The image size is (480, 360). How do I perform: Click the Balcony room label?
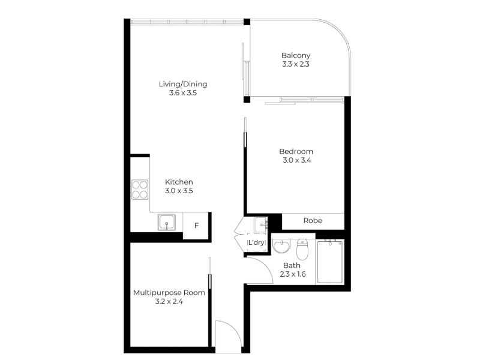tap(296, 55)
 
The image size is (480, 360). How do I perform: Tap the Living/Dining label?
tap(183, 84)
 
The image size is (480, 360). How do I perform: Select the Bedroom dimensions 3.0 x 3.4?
tap(297, 160)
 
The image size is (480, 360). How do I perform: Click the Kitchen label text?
tap(179, 182)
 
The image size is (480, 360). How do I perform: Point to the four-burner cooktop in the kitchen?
tap(140, 190)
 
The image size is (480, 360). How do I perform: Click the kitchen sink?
tap(167, 222)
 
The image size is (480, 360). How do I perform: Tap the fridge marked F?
tap(196, 226)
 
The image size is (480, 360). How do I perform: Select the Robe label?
tap(313, 220)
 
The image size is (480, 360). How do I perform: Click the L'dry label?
tap(256, 242)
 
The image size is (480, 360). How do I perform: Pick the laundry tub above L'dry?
tap(261, 225)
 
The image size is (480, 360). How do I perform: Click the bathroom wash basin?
tap(281, 247)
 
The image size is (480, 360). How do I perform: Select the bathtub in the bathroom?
tap(330, 262)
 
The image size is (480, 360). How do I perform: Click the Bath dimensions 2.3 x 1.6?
tap(293, 274)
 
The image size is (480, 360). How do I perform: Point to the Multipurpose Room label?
tap(169, 293)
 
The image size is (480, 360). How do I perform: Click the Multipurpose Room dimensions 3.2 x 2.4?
tap(169, 302)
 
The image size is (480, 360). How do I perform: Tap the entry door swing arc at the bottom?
tap(234, 326)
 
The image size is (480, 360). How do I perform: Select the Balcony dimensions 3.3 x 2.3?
tap(296, 64)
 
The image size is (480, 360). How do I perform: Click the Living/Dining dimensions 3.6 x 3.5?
tap(183, 93)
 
